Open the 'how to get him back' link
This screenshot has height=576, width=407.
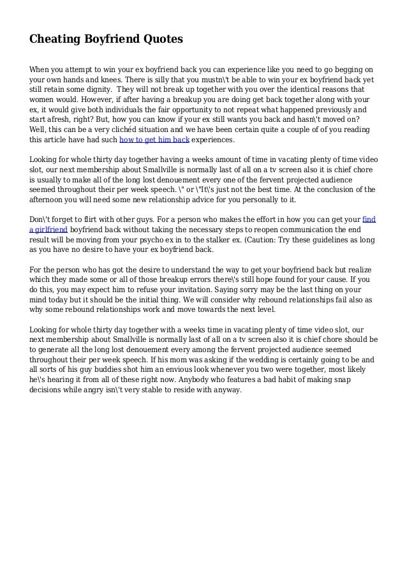[x=154, y=140]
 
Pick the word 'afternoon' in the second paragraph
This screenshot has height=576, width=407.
[x=49, y=199]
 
